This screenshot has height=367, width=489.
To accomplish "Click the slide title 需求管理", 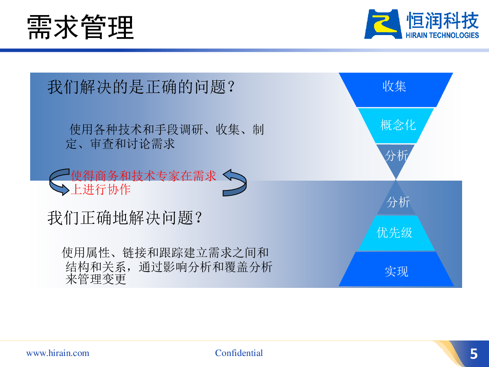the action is (x=80, y=27).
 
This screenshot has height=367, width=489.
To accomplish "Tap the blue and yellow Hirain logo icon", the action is (x=383, y=24).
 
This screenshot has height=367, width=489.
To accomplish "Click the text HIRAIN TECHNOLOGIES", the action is (x=442, y=35).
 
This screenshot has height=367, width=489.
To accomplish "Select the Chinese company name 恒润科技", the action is (x=443, y=20).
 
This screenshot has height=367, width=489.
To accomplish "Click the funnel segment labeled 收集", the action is (x=396, y=90).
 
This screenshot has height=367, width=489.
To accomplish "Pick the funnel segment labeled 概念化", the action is (x=396, y=126).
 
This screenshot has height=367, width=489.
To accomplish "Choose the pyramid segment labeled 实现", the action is (x=396, y=269).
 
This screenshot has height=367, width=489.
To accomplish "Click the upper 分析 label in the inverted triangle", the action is (x=396, y=155).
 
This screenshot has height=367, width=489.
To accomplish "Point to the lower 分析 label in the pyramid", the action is (x=398, y=202).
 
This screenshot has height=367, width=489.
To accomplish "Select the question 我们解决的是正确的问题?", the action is (x=141, y=87).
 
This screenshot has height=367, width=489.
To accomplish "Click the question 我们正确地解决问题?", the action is (x=125, y=218).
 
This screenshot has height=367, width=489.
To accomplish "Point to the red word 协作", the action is (x=119, y=190).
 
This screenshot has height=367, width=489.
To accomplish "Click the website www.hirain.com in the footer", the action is (x=58, y=353).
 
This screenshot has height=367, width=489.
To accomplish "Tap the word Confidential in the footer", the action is (x=239, y=353).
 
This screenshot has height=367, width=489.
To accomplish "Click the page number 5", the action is (x=474, y=354).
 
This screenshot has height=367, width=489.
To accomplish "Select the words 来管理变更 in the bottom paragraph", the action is (x=96, y=279).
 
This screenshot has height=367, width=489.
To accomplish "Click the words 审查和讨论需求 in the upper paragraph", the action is (x=132, y=144).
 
